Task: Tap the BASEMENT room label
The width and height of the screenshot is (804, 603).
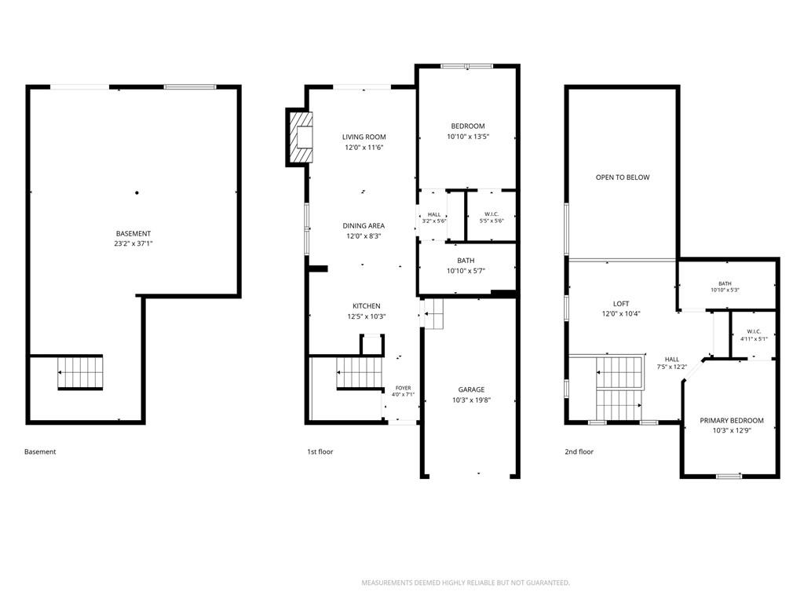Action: (133, 233)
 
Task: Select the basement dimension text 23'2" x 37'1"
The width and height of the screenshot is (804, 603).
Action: (133, 243)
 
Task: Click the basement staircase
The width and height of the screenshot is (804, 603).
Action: (80, 372)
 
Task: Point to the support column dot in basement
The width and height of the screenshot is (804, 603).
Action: (137, 193)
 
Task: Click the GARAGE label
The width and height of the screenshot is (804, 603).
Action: (471, 389)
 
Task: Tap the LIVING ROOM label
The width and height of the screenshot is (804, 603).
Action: (364, 137)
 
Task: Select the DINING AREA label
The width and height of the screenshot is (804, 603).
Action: (364, 225)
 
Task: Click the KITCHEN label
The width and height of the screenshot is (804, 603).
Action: (366, 306)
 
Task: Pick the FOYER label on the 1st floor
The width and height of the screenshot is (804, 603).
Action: (403, 388)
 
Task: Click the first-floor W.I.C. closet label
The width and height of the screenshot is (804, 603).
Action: (492, 214)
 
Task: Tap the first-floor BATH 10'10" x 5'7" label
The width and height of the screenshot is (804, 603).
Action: (466, 265)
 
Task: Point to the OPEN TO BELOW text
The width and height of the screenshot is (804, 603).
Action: (623, 177)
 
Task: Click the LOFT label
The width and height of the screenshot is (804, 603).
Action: (621, 304)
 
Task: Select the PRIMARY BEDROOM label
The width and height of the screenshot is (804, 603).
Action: (732, 421)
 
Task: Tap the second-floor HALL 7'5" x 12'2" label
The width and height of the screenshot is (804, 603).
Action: (672, 363)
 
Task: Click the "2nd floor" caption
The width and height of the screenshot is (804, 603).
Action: (579, 451)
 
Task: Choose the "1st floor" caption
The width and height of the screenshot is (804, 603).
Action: (320, 451)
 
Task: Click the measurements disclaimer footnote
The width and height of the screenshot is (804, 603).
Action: (466, 583)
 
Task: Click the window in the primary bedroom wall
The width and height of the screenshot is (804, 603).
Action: (729, 476)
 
